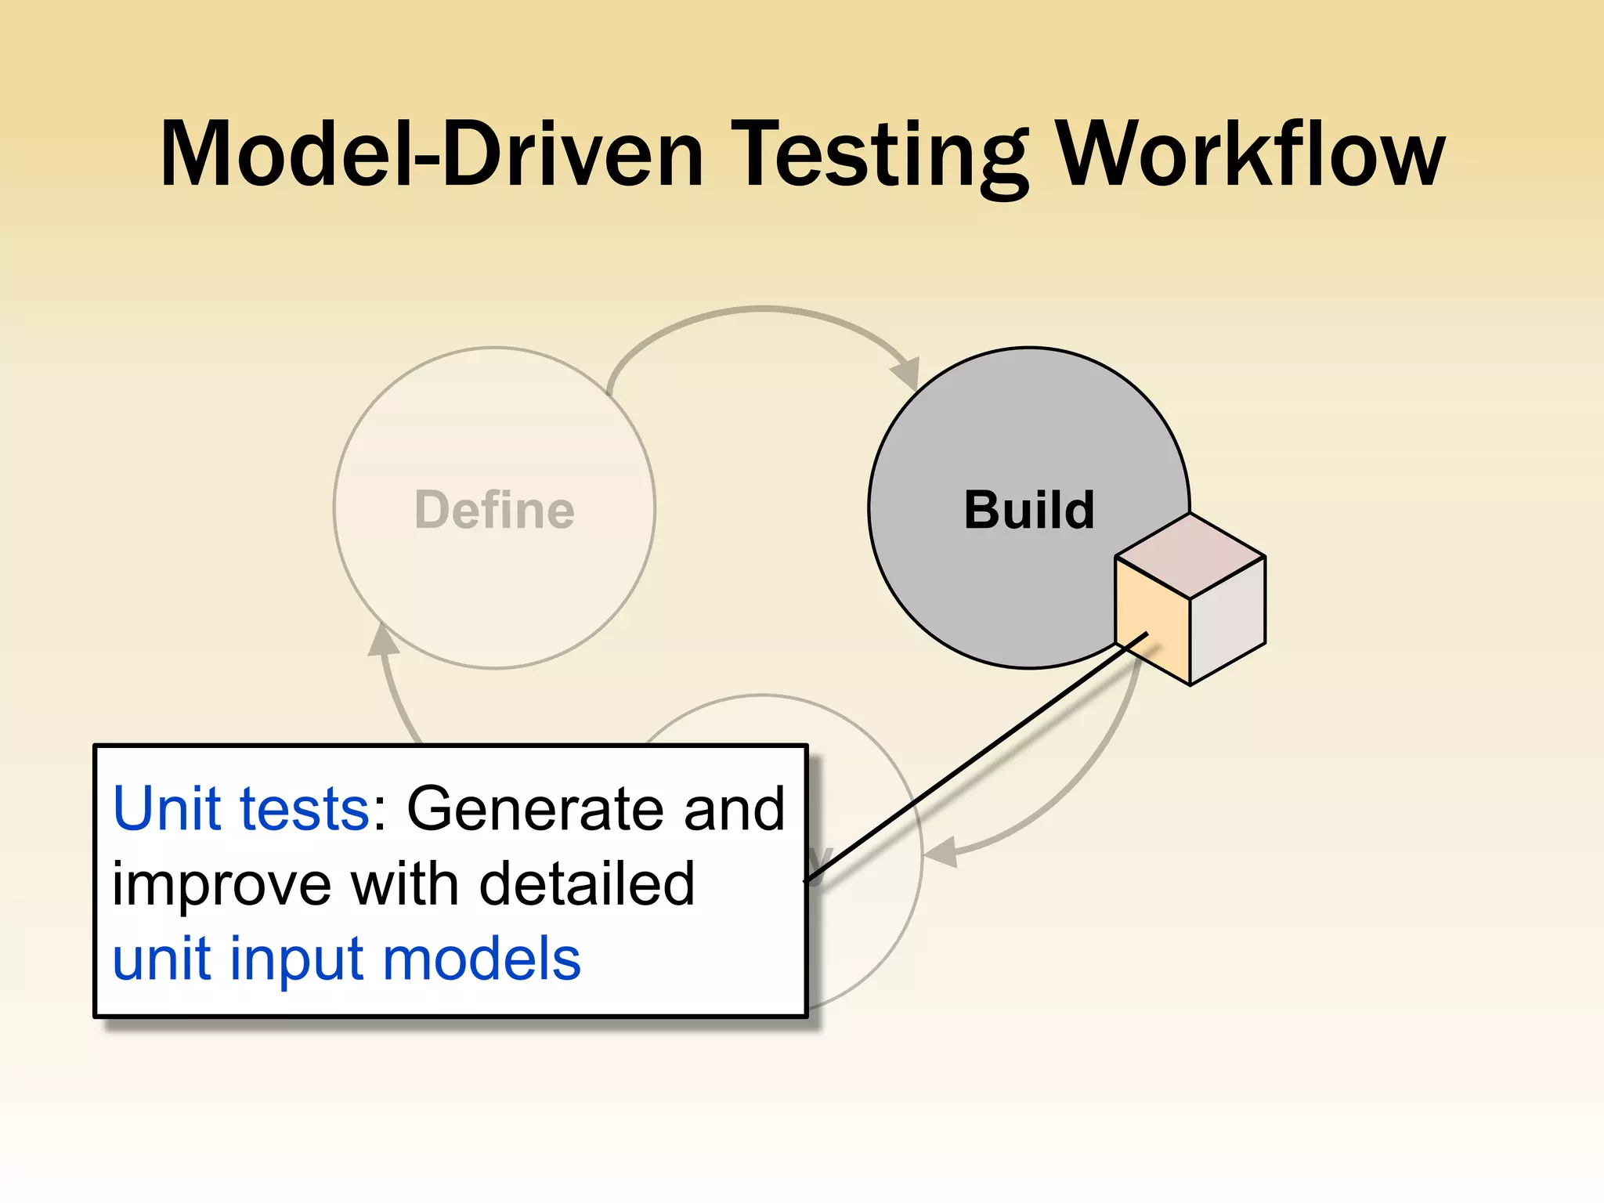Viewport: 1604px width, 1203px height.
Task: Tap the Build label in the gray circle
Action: pyautogui.click(x=1028, y=510)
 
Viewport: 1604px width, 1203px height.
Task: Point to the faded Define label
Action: pyautogui.click(x=494, y=510)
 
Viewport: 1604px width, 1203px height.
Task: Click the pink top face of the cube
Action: pyautogui.click(x=1190, y=555)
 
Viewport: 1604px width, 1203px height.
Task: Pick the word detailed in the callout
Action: pyautogui.click(x=587, y=883)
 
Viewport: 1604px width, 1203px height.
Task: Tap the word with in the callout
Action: pyautogui.click(x=404, y=883)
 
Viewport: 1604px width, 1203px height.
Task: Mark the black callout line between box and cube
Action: pyautogui.click(x=975, y=757)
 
